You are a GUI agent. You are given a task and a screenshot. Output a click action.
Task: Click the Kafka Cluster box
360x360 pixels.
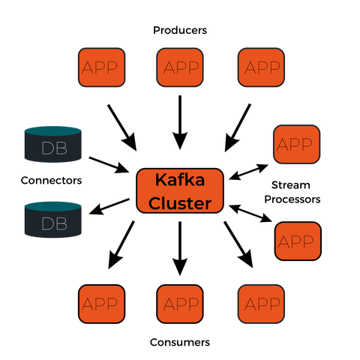181,191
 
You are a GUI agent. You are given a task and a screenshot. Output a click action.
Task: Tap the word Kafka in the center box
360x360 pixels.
180,180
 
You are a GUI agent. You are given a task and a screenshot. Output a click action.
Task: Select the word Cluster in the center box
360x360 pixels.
180,203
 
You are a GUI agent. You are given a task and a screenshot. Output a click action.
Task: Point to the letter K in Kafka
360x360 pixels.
160,180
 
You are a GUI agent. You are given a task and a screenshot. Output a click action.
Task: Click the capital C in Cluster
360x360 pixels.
154,203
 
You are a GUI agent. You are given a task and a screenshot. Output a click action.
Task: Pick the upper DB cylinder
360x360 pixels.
53,144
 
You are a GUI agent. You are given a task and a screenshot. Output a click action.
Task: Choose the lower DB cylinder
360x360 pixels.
53,220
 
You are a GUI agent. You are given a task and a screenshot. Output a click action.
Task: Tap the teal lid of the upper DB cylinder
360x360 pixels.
53,130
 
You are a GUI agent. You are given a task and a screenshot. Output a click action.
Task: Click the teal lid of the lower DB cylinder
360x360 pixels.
53,205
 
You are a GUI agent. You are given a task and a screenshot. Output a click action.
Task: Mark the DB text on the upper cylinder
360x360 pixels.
53,148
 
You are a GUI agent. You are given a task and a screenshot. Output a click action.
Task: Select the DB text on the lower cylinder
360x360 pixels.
53,223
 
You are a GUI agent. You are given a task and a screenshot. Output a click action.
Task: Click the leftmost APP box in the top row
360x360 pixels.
101,67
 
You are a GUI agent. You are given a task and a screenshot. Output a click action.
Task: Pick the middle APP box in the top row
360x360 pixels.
181,67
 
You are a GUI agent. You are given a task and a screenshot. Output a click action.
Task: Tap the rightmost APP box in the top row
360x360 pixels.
261,67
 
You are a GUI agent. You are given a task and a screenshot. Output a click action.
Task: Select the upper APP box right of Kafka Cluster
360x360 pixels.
296,144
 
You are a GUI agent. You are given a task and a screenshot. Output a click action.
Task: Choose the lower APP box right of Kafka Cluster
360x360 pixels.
298,241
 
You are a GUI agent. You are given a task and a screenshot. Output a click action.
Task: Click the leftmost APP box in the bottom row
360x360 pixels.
101,304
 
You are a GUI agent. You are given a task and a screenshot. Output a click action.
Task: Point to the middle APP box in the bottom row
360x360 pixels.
181,304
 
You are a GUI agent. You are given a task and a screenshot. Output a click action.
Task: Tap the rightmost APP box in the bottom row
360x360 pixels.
261,304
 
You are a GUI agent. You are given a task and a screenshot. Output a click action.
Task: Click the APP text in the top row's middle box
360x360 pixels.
181,67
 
